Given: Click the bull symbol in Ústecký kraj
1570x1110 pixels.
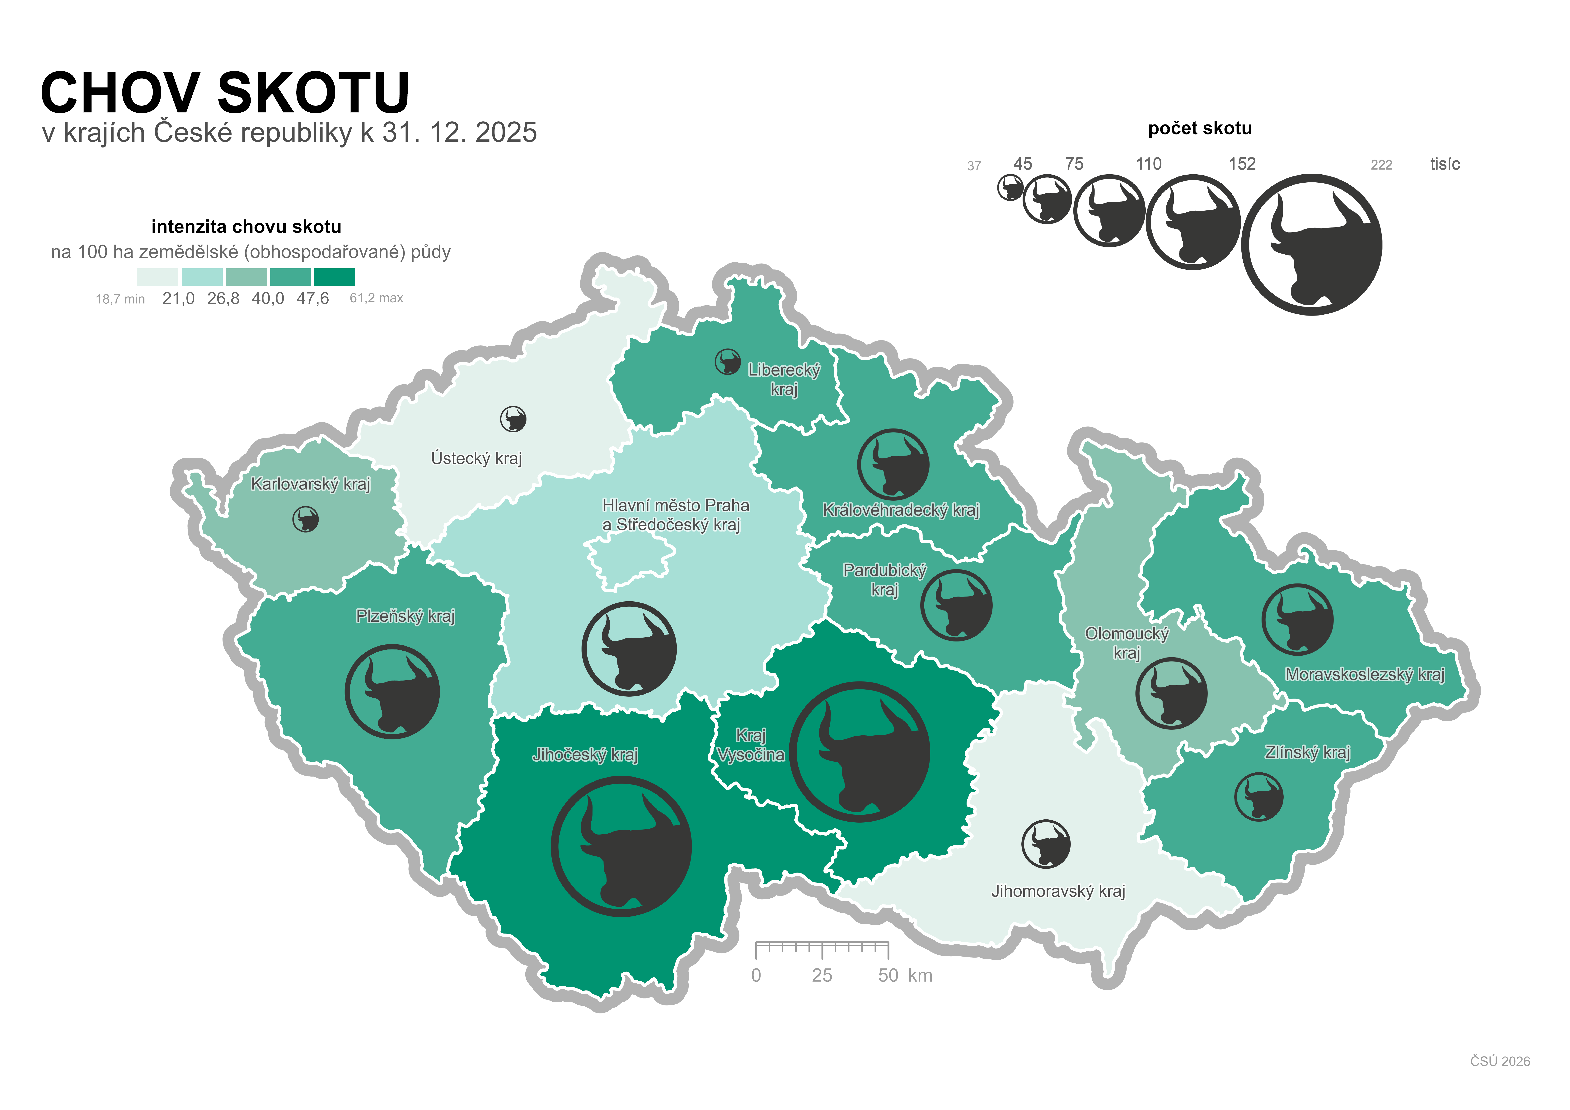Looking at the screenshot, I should (x=513, y=419).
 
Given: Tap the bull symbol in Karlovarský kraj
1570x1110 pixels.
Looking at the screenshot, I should (x=306, y=519).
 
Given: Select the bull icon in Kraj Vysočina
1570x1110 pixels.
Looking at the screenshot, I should (x=860, y=752).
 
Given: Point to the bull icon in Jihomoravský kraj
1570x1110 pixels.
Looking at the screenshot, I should (x=1046, y=844).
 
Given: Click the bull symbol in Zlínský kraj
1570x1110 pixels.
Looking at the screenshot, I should (x=1259, y=797).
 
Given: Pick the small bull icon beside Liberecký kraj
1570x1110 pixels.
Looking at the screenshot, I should (x=728, y=362).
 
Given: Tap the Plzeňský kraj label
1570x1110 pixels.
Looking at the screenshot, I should (x=405, y=616).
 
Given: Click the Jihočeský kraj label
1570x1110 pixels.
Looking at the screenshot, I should (x=585, y=755).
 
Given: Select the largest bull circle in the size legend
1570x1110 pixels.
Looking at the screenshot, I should (x=1311, y=245).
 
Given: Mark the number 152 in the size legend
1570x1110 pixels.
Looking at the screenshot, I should (x=1242, y=164).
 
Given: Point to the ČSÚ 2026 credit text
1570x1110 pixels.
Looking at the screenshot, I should (x=1500, y=1061).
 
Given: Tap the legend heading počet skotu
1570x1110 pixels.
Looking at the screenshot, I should (x=1200, y=129).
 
